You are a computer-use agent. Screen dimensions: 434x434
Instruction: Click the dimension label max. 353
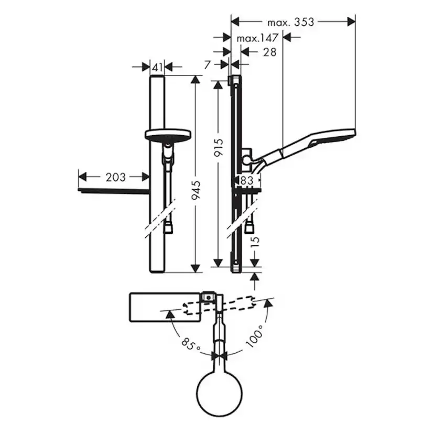tap(291, 22)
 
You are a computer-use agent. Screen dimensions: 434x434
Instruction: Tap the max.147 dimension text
tap(257, 38)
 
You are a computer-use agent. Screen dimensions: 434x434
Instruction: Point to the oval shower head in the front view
tap(165, 134)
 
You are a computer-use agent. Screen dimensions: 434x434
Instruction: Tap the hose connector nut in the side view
tap(249, 227)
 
